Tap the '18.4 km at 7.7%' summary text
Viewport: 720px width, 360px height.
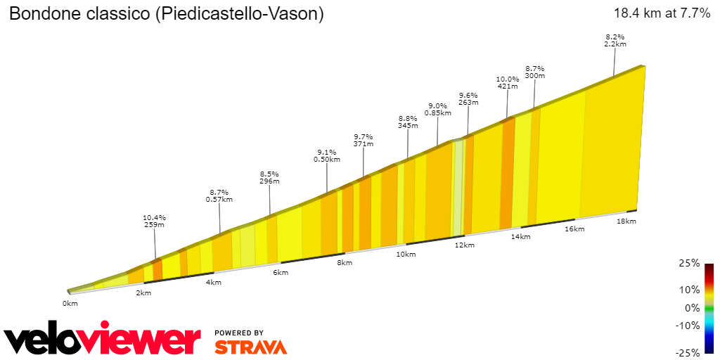[x=662, y=13]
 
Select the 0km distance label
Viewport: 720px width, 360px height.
[x=70, y=303]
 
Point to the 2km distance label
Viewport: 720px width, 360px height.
[x=143, y=292]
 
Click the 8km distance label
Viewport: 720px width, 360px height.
[x=344, y=262]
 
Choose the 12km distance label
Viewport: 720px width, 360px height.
[x=464, y=245]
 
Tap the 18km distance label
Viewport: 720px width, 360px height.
[x=626, y=221]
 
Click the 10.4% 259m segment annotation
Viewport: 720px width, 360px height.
[x=154, y=221]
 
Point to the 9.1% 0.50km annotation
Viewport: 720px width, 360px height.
[x=326, y=155]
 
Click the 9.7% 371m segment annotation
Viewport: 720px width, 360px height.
[x=364, y=140]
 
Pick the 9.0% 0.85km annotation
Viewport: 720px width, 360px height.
[x=438, y=109]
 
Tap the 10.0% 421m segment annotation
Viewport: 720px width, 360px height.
[x=507, y=82]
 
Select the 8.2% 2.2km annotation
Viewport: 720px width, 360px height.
[x=615, y=40]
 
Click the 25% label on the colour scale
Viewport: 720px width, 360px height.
[x=690, y=263]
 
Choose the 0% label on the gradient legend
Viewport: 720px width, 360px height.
[x=692, y=308]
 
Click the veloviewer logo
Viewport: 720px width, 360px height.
[x=103, y=340]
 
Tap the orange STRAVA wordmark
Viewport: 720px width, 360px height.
[x=250, y=347]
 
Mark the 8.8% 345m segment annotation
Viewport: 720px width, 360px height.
[x=408, y=122]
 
